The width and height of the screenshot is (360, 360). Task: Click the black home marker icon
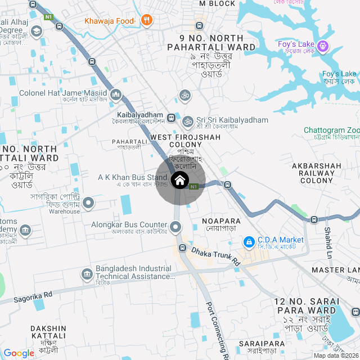pos(179,181)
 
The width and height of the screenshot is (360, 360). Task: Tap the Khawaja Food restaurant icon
pos(147,21)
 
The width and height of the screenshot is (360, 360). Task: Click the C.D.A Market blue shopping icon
pos(248,241)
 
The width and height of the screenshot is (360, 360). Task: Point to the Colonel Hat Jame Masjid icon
pos(116,93)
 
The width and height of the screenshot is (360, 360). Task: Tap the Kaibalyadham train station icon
pos(172,118)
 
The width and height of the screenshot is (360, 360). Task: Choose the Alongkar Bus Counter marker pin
pos(176,227)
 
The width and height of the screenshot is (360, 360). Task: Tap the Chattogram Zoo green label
pos(332,130)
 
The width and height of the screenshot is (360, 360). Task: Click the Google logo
pos(19,353)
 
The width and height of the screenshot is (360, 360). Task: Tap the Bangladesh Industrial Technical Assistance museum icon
pos(87,273)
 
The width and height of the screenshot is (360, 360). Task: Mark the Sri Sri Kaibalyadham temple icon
pos(187,120)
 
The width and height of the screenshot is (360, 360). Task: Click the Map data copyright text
pos(336,355)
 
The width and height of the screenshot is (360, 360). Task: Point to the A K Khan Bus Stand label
pos(132,178)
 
